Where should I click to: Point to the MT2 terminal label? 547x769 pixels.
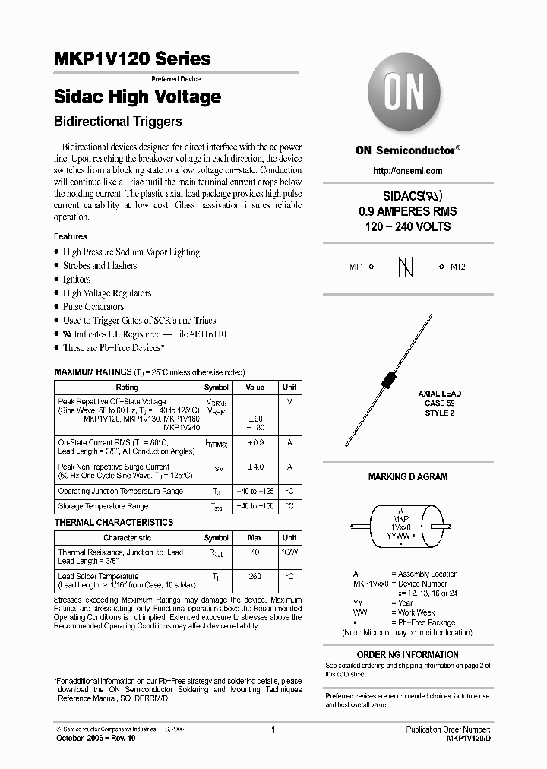457,267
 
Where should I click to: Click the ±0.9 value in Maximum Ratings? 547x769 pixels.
255,442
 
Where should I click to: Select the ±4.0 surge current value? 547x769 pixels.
255,467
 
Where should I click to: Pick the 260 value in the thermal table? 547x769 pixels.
255,577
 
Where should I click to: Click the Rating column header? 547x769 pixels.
127,388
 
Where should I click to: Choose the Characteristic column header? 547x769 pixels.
127,538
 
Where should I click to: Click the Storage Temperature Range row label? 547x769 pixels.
104,506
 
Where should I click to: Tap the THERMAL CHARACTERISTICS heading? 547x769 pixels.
114,523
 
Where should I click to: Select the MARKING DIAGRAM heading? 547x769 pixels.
408,477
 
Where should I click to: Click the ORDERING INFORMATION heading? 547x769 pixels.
408,655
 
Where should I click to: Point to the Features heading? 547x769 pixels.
71,236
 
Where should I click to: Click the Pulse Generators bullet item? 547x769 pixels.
93,307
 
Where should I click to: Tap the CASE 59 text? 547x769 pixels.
440,403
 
